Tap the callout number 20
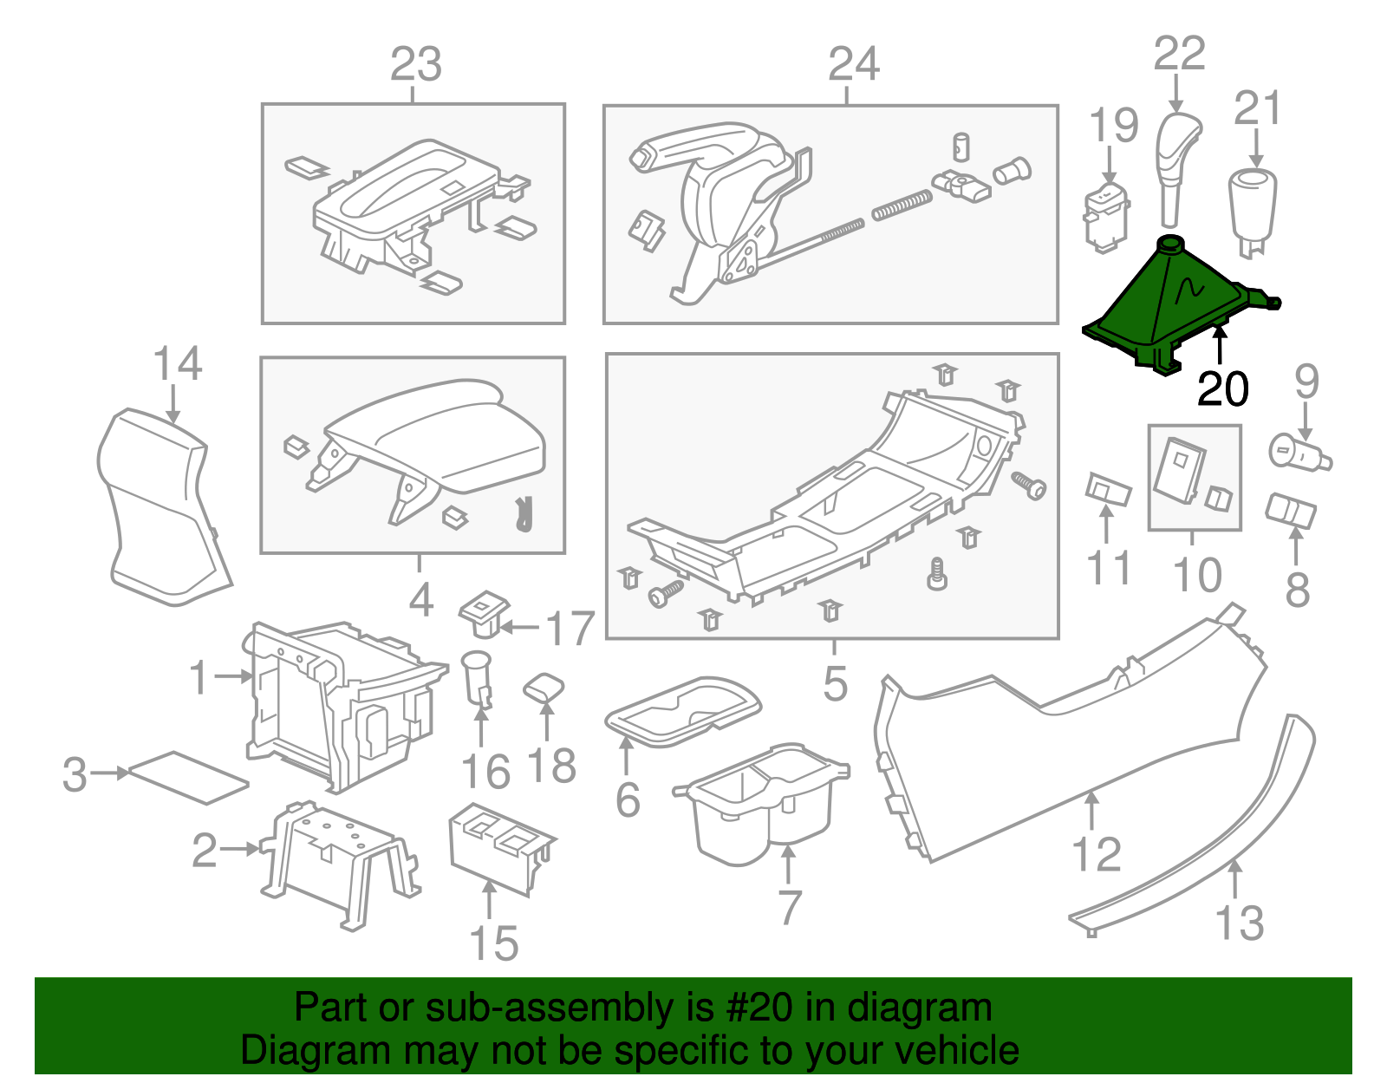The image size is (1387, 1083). pos(1222,389)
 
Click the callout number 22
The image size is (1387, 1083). pos(1179,54)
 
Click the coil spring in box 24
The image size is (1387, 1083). pos(902,206)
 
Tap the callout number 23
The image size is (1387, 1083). pos(416,65)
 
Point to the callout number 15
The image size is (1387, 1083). pos(493,943)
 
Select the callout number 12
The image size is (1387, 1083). pos(1097,855)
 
